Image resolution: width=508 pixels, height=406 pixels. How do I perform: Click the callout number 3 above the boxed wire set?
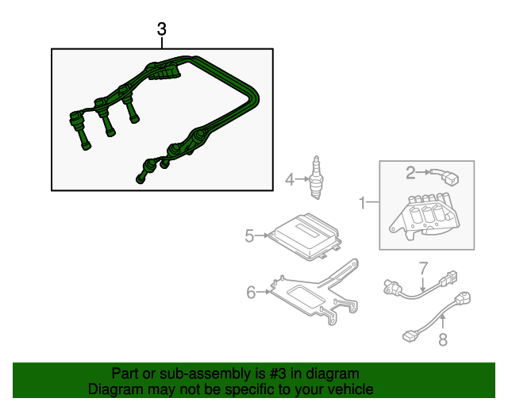tap(162, 29)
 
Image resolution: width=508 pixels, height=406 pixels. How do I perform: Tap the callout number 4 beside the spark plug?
tap(290, 180)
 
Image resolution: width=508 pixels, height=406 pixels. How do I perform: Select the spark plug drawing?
tap(317, 178)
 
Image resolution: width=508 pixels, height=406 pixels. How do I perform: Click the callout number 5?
tap(249, 236)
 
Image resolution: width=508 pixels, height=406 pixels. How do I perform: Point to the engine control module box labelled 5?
tap(305, 236)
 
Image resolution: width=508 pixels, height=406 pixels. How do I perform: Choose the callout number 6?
tap(251, 293)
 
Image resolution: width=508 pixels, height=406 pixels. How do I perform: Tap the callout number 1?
tap(363, 203)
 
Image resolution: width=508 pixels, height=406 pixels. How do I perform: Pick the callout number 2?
tap(410, 173)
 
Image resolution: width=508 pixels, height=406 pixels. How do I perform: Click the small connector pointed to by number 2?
tap(445, 177)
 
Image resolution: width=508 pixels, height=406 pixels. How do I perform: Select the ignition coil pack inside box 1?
tap(425, 216)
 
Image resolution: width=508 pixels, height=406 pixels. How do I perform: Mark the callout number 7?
tap(423, 268)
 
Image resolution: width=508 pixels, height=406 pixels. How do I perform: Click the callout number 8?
tap(443, 339)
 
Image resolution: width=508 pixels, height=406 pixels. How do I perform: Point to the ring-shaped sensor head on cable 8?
tap(464, 298)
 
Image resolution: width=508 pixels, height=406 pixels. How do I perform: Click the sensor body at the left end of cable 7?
tap(393, 286)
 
